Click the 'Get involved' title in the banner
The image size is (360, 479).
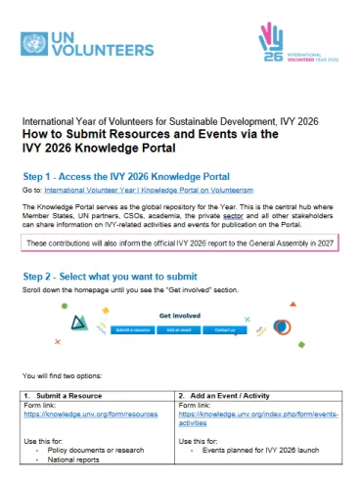(179, 316)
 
